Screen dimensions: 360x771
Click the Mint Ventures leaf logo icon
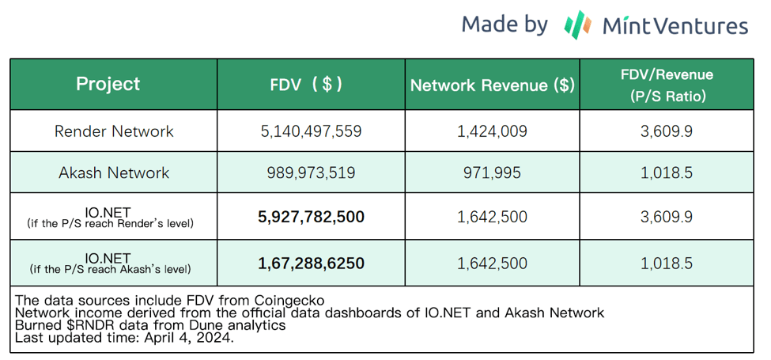pos(578,25)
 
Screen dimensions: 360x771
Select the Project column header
pos(108,84)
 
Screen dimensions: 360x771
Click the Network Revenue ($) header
pos(492,85)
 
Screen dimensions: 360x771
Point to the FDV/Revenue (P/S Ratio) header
pos(667,85)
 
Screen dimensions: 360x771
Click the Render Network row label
pos(114,131)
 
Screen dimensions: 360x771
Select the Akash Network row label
pos(114,172)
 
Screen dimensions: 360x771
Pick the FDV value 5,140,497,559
pos(311,131)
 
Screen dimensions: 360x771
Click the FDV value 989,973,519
pos(311,172)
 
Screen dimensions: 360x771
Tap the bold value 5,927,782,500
pos(311,216)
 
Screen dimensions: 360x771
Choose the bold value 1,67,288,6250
pos(311,263)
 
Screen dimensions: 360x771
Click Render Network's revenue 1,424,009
pos(492,131)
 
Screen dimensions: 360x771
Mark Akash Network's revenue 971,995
pos(492,172)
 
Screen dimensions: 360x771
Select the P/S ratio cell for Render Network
pos(667,131)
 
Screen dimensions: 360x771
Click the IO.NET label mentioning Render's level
pos(111,217)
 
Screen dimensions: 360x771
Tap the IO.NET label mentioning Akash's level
pos(111,263)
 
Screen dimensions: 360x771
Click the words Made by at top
pos(505,24)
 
